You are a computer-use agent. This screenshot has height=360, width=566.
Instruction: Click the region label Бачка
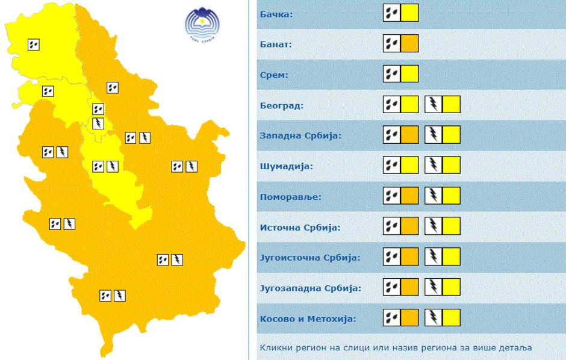pos(276,13)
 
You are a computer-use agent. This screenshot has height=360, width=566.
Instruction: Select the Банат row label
pos(276,44)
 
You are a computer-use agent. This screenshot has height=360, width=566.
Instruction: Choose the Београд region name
pos(281,105)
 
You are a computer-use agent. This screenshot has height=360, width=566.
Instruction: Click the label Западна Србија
pos(300,135)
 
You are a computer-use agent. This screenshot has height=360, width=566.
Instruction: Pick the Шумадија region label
pos(286,166)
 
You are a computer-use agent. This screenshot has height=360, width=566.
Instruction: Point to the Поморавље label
pos(291,197)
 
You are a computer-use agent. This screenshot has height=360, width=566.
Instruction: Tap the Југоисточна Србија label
pos(309,258)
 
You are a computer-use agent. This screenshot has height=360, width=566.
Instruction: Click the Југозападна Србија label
pos(310,288)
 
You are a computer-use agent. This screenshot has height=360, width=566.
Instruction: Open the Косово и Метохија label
pos(308,318)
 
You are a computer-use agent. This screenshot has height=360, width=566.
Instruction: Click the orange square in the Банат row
pos(409,44)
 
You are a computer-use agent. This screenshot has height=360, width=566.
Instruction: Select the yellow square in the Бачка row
pos(409,13)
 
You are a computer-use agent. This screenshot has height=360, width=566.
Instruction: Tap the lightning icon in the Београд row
pos(434,105)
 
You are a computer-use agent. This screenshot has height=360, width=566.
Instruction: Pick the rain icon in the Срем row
pos(392,75)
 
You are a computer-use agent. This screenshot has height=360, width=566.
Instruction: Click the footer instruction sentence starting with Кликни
pos(396,347)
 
